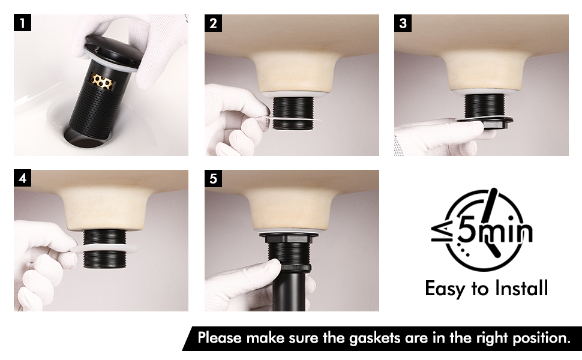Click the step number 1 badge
pyautogui.click(x=22, y=23)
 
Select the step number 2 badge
pyautogui.click(x=213, y=23)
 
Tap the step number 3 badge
pyautogui.click(x=403, y=23)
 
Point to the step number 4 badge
pyautogui.click(x=22, y=179)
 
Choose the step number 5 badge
pyautogui.click(x=213, y=179)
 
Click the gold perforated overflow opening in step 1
pyautogui.click(x=101, y=81)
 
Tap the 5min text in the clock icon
pyautogui.click(x=494, y=232)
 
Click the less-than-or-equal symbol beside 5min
pyautogui.click(x=442, y=232)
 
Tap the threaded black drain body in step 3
pyautogui.click(x=484, y=106)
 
